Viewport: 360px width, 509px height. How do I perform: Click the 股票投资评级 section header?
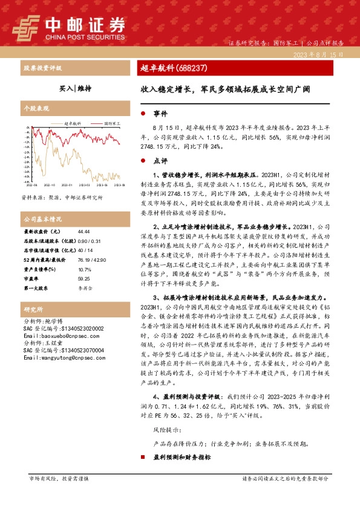pos(42,68)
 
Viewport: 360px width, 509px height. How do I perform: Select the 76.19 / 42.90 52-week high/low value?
pos(91,259)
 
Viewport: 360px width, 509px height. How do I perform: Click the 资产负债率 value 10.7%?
pos(84,268)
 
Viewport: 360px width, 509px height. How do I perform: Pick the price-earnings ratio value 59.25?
pos(84,278)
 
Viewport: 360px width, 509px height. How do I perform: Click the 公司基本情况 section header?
pos(42,218)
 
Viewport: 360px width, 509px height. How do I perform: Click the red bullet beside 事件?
pos(142,113)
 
